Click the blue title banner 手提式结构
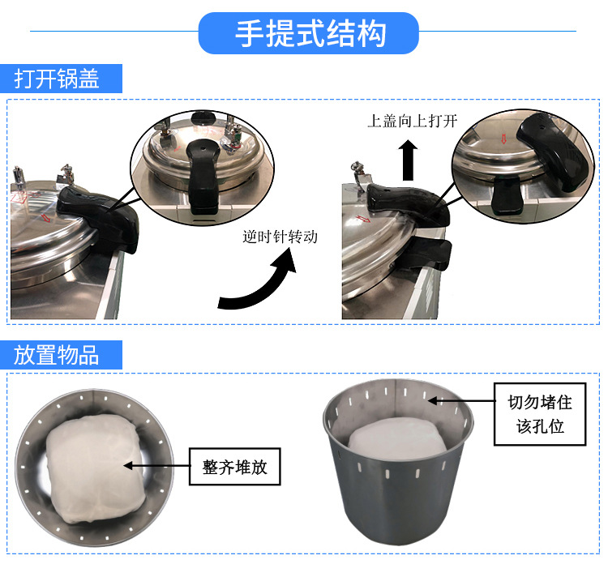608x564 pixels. point(309,34)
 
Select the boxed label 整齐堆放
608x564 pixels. point(234,467)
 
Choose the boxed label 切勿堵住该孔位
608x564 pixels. point(540,413)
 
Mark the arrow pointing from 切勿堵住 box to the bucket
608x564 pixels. point(461,400)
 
